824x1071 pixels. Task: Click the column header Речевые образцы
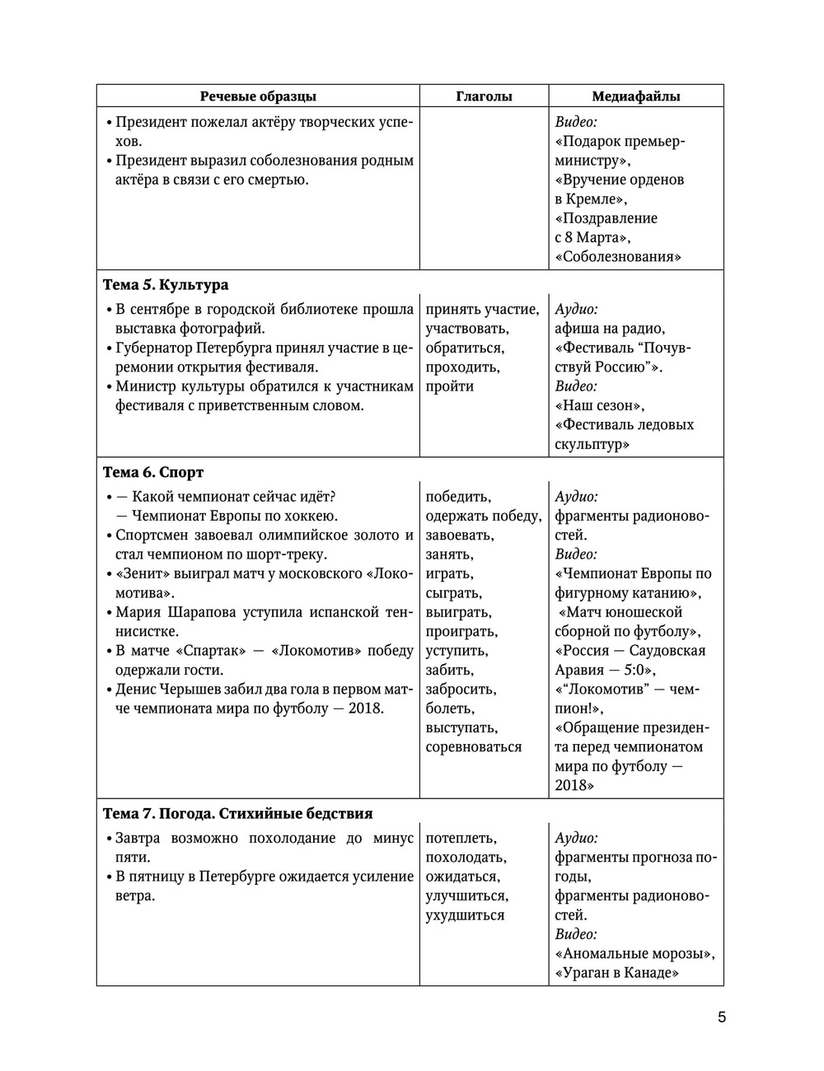pyautogui.click(x=258, y=96)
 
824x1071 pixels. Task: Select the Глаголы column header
pyautogui.click(x=484, y=96)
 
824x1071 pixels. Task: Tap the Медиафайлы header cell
pyautogui.click(x=636, y=96)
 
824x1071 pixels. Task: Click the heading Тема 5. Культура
pyautogui.click(x=166, y=285)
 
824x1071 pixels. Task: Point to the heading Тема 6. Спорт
pyautogui.click(x=153, y=473)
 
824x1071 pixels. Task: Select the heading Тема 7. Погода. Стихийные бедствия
pyautogui.click(x=237, y=814)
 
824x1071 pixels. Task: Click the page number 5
pyautogui.click(x=722, y=1017)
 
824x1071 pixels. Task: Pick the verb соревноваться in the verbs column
pyautogui.click(x=474, y=747)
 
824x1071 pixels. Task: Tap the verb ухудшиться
pyautogui.click(x=465, y=915)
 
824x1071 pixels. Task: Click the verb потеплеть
pyautogui.click(x=461, y=839)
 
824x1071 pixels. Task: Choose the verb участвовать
pyautogui.click(x=466, y=329)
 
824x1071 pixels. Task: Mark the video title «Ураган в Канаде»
pyautogui.click(x=617, y=973)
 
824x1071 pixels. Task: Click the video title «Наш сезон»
pyautogui.click(x=600, y=405)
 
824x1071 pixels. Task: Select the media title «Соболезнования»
pyautogui.click(x=619, y=257)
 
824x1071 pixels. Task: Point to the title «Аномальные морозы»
pyautogui.click(x=634, y=954)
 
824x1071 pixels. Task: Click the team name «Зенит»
pyautogui.click(x=136, y=574)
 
